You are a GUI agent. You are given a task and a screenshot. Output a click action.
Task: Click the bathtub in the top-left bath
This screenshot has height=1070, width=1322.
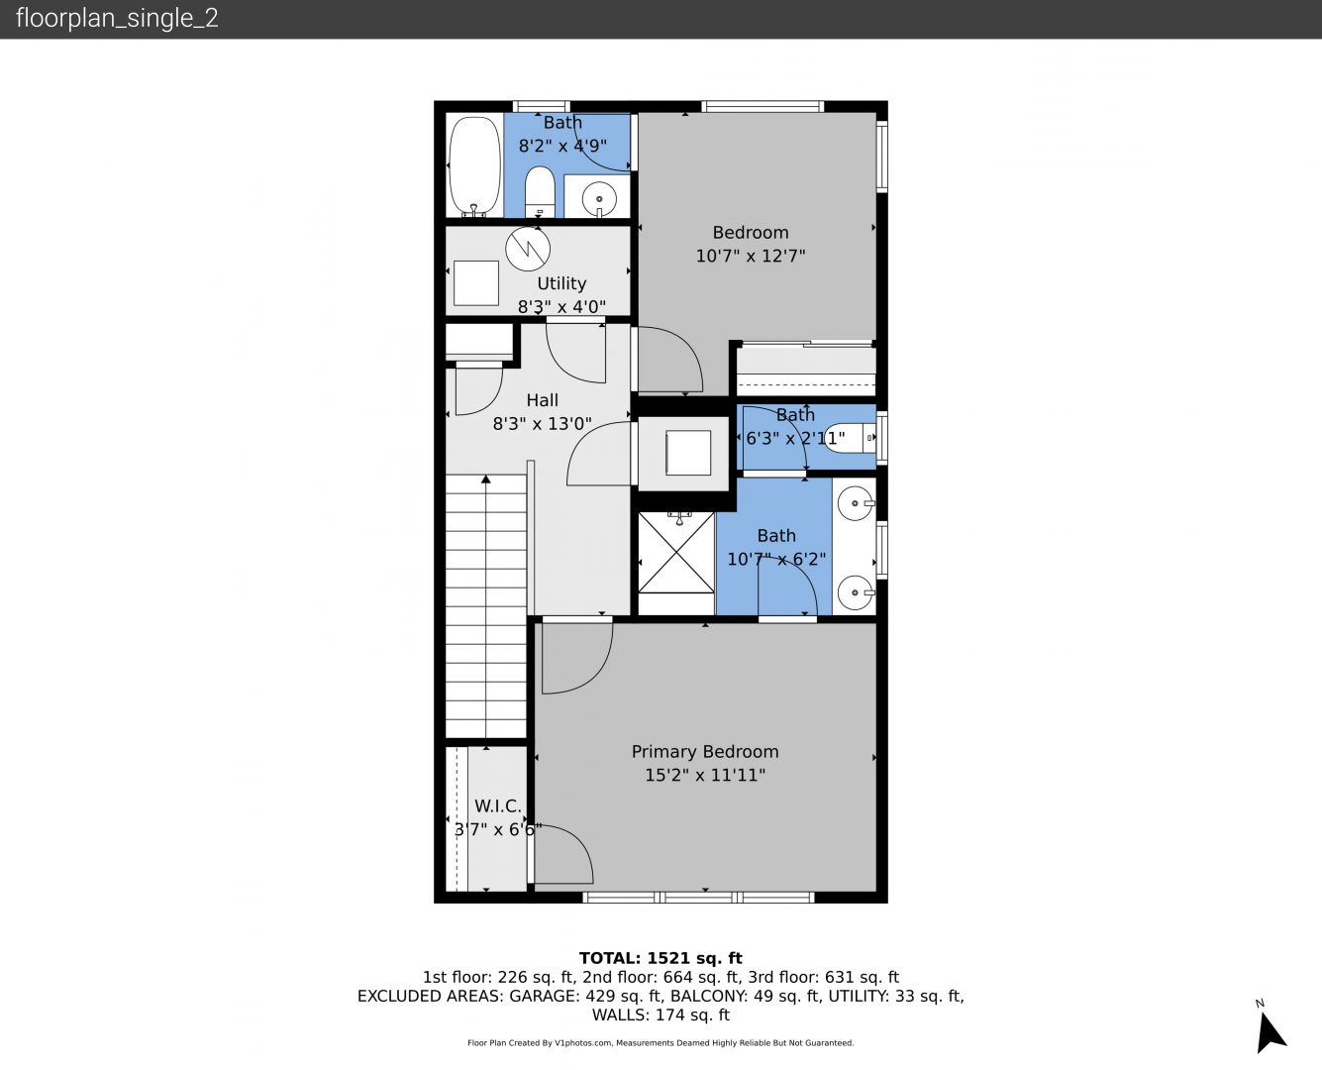pyautogui.click(x=474, y=166)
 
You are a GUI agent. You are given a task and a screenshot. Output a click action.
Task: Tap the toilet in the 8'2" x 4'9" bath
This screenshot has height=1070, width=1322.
pyautogui.click(x=540, y=191)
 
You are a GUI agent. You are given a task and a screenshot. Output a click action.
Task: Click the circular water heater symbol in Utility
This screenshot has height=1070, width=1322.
pyautogui.click(x=528, y=249)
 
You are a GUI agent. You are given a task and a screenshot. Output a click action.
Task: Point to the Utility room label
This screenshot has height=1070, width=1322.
pyautogui.click(x=561, y=283)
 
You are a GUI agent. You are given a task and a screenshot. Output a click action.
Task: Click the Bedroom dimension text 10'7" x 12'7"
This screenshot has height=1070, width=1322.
pyautogui.click(x=751, y=256)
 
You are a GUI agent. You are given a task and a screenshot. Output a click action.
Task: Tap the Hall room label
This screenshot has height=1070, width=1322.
pyautogui.click(x=542, y=400)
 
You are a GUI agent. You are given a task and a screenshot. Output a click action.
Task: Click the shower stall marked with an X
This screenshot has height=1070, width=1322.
pyautogui.click(x=676, y=553)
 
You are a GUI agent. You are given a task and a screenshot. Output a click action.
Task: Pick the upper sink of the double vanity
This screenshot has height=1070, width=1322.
pyautogui.click(x=856, y=503)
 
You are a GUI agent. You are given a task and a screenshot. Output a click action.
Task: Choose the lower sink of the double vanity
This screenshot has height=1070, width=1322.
pyautogui.click(x=856, y=592)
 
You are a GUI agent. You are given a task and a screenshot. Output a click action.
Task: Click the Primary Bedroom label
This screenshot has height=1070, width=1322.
pyautogui.click(x=705, y=752)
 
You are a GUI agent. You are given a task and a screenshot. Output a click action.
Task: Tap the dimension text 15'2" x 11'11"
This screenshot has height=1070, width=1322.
pyautogui.click(x=705, y=775)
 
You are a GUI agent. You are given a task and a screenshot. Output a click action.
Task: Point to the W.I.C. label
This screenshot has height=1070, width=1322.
pyautogui.click(x=498, y=806)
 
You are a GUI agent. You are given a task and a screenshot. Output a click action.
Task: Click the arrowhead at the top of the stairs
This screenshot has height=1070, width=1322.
pyautogui.click(x=486, y=479)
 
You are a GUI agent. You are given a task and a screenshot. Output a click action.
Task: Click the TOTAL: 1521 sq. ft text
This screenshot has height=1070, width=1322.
pyautogui.click(x=661, y=958)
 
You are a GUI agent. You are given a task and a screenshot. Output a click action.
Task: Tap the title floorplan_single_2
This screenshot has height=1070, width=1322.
pyautogui.click(x=117, y=19)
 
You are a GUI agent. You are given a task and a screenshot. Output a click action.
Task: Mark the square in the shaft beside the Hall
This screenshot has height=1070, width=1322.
pyautogui.click(x=688, y=453)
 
